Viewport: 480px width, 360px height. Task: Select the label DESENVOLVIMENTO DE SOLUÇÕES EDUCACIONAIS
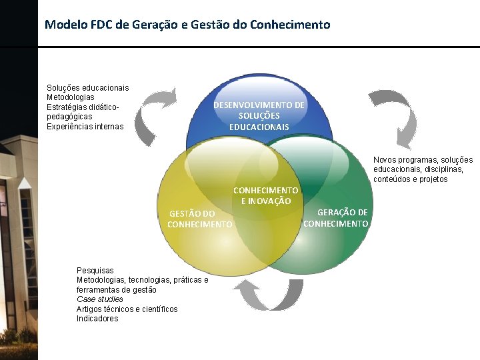coord(259,116)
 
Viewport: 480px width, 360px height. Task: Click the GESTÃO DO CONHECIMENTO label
coord(200,219)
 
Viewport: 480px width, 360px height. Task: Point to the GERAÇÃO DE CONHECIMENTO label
coord(336,217)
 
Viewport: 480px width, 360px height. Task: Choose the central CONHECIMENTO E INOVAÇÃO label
coord(265,195)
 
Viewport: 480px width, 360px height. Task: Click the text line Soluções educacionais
coord(87,88)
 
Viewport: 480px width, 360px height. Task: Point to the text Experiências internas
coord(85,127)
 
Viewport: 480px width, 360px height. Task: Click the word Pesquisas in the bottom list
coord(95,271)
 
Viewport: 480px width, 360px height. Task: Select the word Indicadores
coord(97,319)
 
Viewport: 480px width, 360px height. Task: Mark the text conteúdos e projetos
coord(411,179)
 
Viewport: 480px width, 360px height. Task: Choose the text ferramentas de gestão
coord(117,290)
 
